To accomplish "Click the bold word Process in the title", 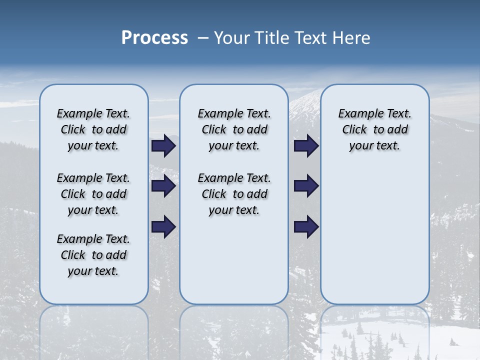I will click(154, 38).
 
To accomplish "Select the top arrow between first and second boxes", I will click(163, 146).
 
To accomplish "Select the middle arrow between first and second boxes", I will click(163, 186).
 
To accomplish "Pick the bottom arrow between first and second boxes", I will click(163, 226).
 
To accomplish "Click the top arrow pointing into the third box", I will click(306, 146).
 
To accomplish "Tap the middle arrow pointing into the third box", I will click(306, 186).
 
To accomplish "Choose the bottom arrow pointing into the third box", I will click(306, 226).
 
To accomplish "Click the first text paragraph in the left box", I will click(93, 129).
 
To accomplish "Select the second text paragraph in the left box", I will click(93, 194).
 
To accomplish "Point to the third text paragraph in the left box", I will click(93, 255).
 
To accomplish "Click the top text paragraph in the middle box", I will click(234, 129).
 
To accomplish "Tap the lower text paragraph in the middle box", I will click(234, 194).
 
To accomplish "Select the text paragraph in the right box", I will click(374, 129).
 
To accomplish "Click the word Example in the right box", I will click(356, 114).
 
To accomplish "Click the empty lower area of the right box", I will click(374, 235).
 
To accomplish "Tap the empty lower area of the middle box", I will click(234, 260).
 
